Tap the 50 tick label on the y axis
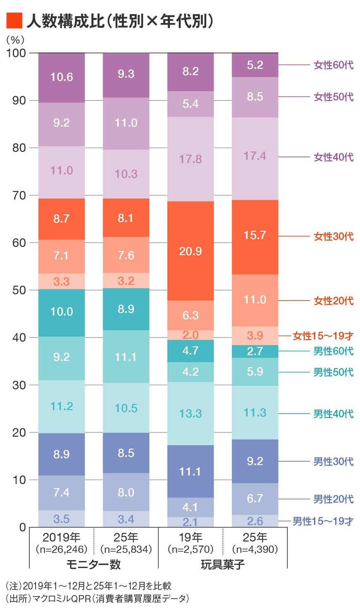[x=19, y=290]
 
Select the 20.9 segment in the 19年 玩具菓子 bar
[x=190, y=251]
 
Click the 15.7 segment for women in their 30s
[x=255, y=236]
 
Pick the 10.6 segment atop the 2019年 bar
[x=62, y=77]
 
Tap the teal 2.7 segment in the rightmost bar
[x=255, y=351]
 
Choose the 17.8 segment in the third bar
[x=190, y=159]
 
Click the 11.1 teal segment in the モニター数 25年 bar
[x=126, y=357]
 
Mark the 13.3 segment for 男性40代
[x=190, y=414]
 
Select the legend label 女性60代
[x=334, y=65]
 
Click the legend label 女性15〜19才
[x=323, y=336]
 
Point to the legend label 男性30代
[x=334, y=461]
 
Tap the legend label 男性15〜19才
[x=323, y=521]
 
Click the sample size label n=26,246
[x=62, y=549]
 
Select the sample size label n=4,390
[x=255, y=549]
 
